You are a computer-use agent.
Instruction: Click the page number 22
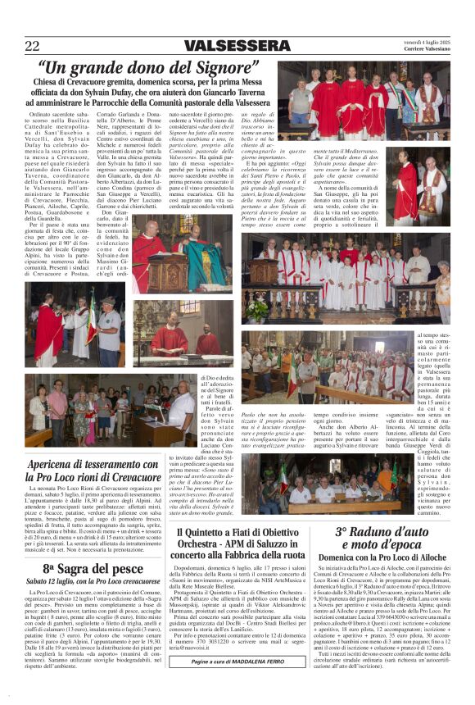(x=32, y=46)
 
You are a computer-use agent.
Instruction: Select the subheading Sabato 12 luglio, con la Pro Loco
(x=93, y=581)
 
